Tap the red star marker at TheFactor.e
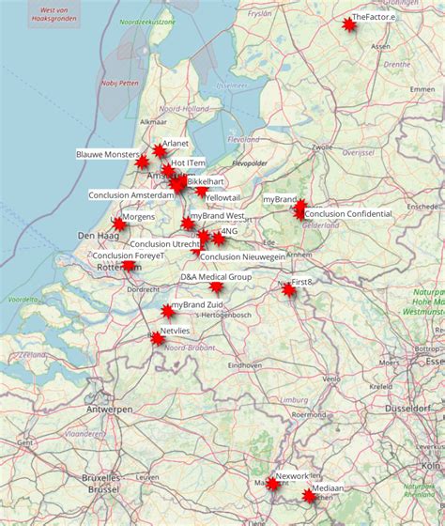[x=349, y=24]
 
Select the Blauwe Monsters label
[x=107, y=153]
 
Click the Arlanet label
[x=176, y=144]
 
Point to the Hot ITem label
[x=188, y=163]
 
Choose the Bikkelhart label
[x=206, y=181]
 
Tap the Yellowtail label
[x=223, y=198]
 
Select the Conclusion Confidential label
[x=348, y=214]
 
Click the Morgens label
[x=139, y=217]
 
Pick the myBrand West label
[x=217, y=216]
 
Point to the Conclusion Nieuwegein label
[x=243, y=256]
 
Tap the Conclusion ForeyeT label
[x=129, y=255]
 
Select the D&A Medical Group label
[x=216, y=277]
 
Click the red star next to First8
[x=288, y=290]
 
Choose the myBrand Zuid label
[x=201, y=305]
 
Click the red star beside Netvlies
[x=157, y=338]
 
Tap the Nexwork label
[x=292, y=477]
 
